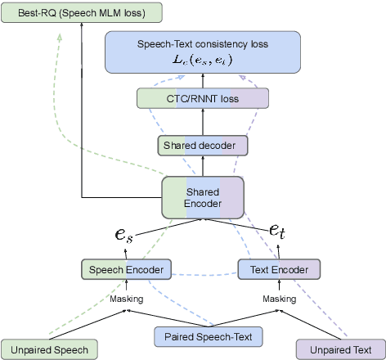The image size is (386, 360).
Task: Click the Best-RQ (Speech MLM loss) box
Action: pyautogui.click(x=70, y=11)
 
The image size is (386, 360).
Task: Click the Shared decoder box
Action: pyautogui.click(x=201, y=146)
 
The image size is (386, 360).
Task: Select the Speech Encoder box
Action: pyautogui.click(x=126, y=269)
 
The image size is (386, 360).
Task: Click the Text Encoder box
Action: pyautogui.click(x=279, y=269)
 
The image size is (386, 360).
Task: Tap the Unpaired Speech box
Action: pyautogui.click(x=49, y=349)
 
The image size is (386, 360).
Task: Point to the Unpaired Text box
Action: pyautogui.click(x=339, y=349)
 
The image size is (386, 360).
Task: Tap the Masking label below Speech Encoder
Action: pyautogui.click(x=127, y=299)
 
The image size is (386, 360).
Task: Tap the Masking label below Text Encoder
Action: pyautogui.click(x=280, y=299)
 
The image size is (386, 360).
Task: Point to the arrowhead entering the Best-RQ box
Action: pyautogui.click(x=82, y=27)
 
